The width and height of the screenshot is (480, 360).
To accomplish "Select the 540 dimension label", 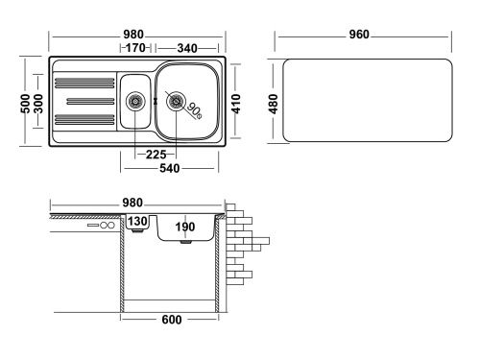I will [x=171, y=166].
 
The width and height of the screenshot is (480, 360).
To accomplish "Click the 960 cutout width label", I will [x=359, y=35].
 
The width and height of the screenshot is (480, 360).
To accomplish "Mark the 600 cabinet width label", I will [x=172, y=320].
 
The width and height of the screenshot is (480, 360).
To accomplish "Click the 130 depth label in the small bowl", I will [x=137, y=222].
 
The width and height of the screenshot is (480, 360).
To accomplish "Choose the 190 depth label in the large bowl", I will [x=185, y=227].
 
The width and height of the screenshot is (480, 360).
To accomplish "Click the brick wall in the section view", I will [x=248, y=245].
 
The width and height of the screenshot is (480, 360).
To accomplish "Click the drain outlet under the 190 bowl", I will [x=185, y=243].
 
